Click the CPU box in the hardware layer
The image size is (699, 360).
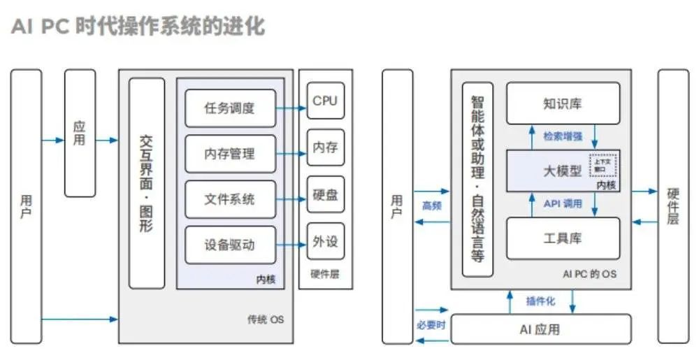pos(325,101)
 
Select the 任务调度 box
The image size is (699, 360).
pos(230,108)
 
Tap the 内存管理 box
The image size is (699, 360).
pos(230,154)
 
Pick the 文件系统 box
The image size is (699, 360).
pos(230,200)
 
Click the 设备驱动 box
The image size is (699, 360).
pos(230,245)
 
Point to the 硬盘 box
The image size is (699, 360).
pos(325,194)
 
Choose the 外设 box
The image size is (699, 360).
pos(325,242)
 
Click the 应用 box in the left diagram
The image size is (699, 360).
pos(80,133)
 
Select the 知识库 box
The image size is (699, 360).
pos(563,104)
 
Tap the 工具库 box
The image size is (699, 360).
pos(563,238)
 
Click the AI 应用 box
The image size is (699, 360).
pos(540,329)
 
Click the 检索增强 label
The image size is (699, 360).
pos(563,136)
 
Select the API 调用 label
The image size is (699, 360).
pos(563,204)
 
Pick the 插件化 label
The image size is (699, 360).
pos(540,301)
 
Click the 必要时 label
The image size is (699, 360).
pos(431,324)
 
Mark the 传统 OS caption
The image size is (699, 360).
pos(266,320)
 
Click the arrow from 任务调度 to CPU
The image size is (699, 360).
pos(291,108)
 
